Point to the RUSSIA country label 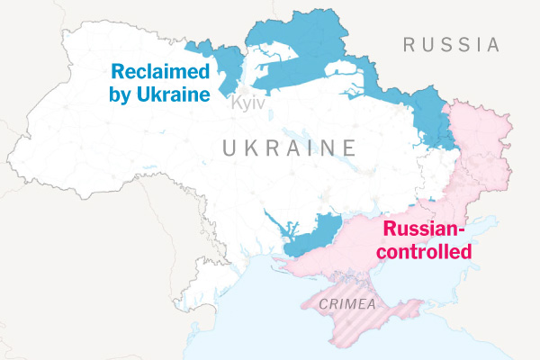tap(450, 44)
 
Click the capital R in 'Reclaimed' tap(117, 71)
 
